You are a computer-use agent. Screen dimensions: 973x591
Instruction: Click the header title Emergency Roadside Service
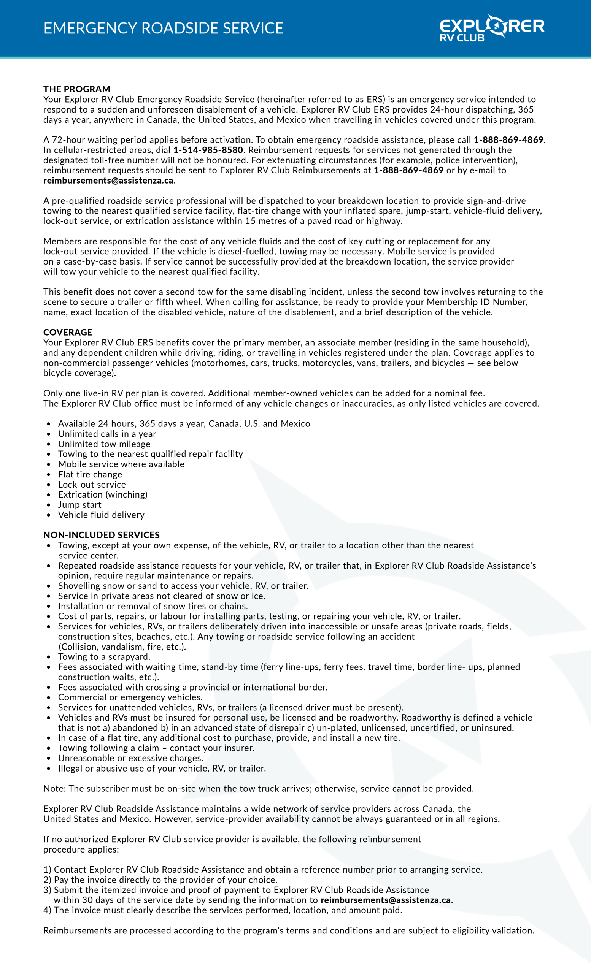(x=163, y=28)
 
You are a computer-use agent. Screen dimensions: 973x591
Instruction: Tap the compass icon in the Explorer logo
(x=496, y=26)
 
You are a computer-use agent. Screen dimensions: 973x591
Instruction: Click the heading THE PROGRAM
(x=77, y=89)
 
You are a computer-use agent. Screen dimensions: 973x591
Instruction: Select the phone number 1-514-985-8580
(x=208, y=150)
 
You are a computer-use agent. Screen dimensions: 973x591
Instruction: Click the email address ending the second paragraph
(x=108, y=181)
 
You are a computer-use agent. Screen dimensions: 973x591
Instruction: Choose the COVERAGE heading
(x=68, y=332)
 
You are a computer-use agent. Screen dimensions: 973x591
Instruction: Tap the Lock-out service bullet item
(x=92, y=485)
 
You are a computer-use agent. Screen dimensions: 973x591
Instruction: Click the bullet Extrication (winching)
(x=102, y=494)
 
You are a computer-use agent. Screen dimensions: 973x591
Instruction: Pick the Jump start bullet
(x=79, y=505)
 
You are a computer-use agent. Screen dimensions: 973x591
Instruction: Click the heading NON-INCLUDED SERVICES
(x=102, y=535)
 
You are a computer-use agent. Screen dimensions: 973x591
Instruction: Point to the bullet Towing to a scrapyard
(x=104, y=657)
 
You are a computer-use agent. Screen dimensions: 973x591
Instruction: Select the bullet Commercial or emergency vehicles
(x=130, y=697)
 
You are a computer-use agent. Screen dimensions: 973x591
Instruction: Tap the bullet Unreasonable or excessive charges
(x=130, y=758)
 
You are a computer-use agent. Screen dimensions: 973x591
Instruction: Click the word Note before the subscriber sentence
(x=54, y=788)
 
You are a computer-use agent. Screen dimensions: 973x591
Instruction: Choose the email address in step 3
(x=385, y=900)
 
